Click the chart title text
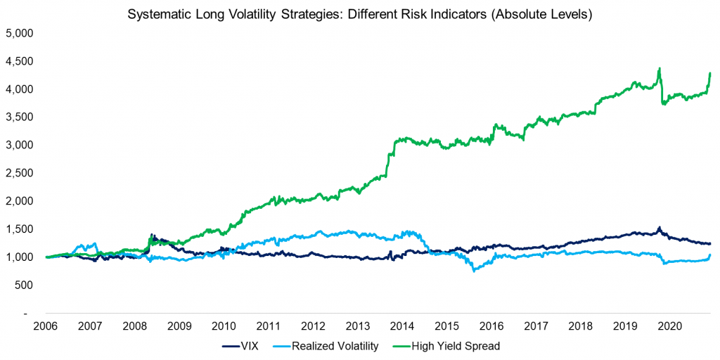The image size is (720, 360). (360, 15)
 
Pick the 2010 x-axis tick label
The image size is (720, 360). (224, 326)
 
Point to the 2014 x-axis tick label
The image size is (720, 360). (402, 326)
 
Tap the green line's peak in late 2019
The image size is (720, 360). (659, 69)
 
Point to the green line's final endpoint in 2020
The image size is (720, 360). (711, 73)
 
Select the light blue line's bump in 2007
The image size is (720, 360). (92, 244)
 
